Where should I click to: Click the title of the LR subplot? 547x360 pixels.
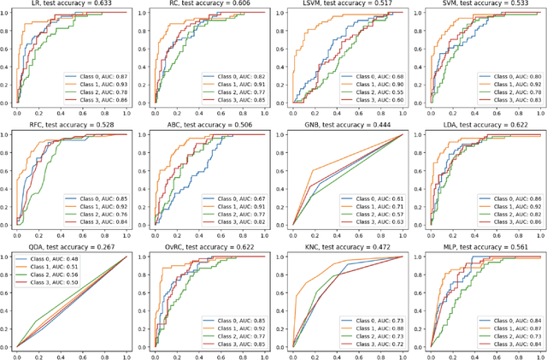[x=72, y=5]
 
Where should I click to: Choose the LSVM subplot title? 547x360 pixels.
[x=346, y=5]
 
